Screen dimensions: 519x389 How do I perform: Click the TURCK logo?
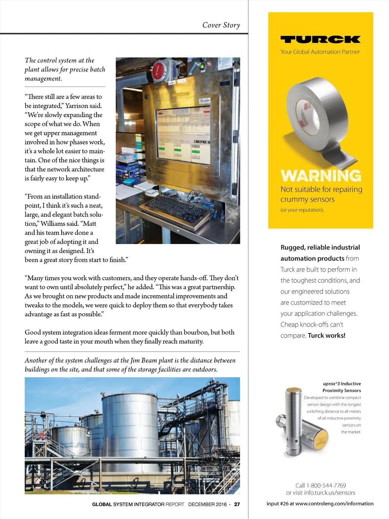tap(320, 39)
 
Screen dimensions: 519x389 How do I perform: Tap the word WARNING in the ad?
tap(321, 176)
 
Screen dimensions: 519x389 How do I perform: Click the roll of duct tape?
tap(317, 114)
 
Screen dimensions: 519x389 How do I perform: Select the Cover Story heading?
tap(221, 25)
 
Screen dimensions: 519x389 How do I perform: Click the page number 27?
tap(237, 504)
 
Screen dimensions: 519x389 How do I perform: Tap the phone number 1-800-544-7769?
tap(326, 486)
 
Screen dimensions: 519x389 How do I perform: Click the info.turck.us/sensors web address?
tap(330, 493)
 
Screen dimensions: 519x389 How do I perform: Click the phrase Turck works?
tap(327, 335)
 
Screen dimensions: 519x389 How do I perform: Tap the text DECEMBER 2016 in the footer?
tap(207, 504)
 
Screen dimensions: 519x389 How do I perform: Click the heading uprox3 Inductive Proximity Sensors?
tap(342, 387)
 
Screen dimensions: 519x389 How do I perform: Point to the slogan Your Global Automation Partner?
tap(320, 52)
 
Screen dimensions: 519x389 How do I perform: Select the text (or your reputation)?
tap(302, 210)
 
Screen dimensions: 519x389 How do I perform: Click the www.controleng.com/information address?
tap(334, 503)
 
